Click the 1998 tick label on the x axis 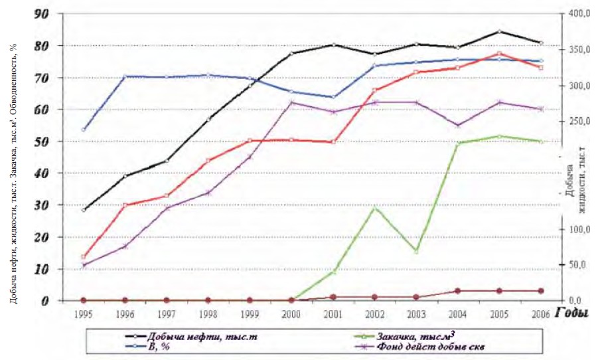(208, 312)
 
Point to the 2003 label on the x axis (416, 312)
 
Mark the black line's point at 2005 (499, 31)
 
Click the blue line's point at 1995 (83, 130)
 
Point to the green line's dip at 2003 (416, 251)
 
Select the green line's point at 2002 (375, 208)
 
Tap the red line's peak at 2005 (499, 53)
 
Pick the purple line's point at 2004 (458, 125)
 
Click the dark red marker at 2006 (541, 291)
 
